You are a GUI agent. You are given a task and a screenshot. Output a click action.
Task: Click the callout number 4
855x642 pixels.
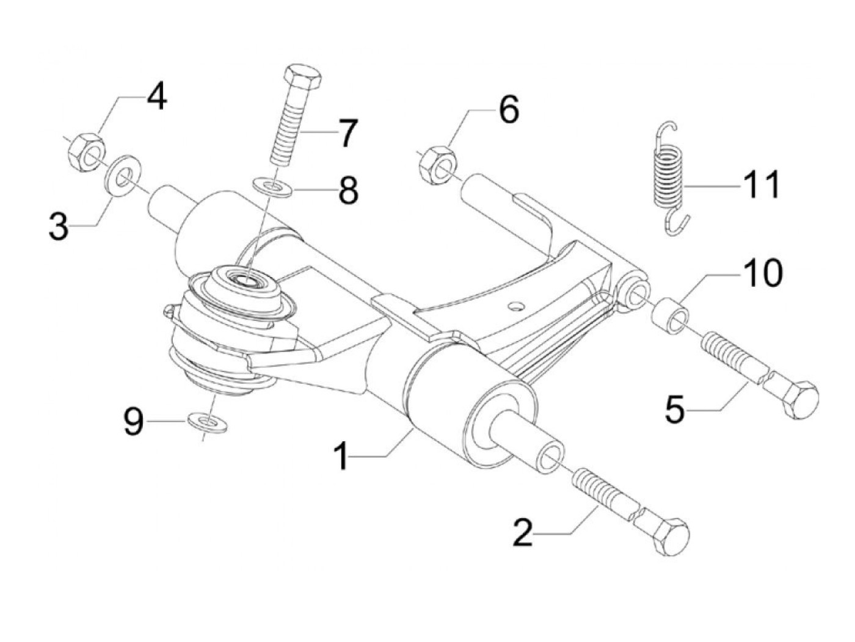156,96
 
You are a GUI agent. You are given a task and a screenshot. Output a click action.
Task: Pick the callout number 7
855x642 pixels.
347,133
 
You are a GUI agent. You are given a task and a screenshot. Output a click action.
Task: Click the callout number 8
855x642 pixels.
348,190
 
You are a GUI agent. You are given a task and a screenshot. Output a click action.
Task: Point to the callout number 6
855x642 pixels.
509,110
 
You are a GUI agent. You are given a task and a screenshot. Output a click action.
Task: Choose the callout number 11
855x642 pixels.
761,184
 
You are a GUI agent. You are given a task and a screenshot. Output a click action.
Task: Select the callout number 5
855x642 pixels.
675,409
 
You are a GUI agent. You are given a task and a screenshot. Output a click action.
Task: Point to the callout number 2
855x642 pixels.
523,533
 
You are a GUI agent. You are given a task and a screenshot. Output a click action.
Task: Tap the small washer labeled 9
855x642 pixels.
208,422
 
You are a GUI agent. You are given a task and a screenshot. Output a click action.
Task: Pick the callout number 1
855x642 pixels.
342,456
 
